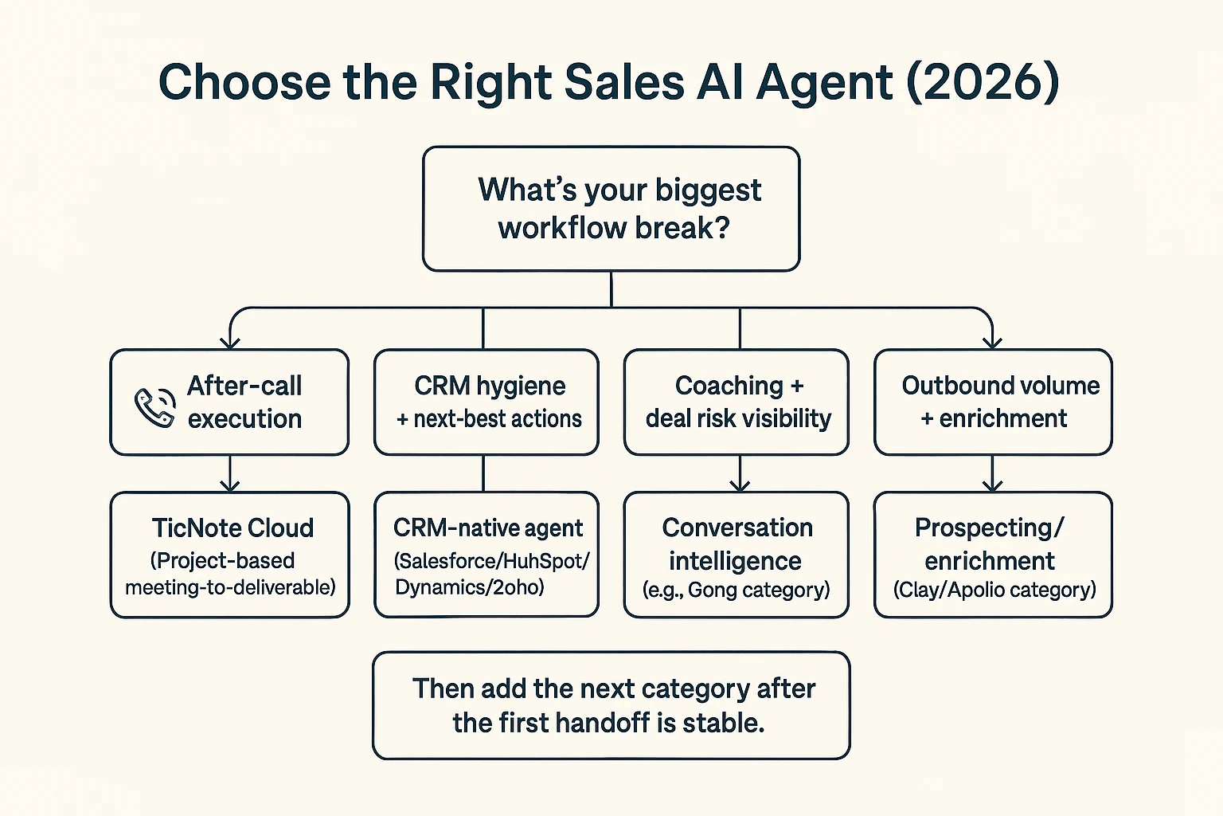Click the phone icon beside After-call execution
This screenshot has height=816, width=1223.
154,407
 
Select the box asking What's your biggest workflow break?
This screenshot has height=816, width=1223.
611,209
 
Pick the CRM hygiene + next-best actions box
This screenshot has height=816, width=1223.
486,402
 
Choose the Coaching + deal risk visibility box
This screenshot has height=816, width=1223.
737,402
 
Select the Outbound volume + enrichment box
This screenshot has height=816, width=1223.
993,402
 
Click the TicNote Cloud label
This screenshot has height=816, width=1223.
232,528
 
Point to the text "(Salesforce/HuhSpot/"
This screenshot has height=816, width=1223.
491,561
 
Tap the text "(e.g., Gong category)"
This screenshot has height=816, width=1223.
737,590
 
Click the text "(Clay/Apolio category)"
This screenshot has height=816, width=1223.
994,590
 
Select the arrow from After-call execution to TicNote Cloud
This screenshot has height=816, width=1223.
230,475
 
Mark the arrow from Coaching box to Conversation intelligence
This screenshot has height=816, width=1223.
740,475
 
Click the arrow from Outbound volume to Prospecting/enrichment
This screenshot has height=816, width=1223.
992,475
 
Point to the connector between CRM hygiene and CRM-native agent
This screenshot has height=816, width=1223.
483,473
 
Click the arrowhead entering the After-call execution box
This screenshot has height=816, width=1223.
230,341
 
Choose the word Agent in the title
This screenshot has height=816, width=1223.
824,82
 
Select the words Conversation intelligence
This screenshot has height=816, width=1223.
737,543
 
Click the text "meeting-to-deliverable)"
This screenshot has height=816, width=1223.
230,588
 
